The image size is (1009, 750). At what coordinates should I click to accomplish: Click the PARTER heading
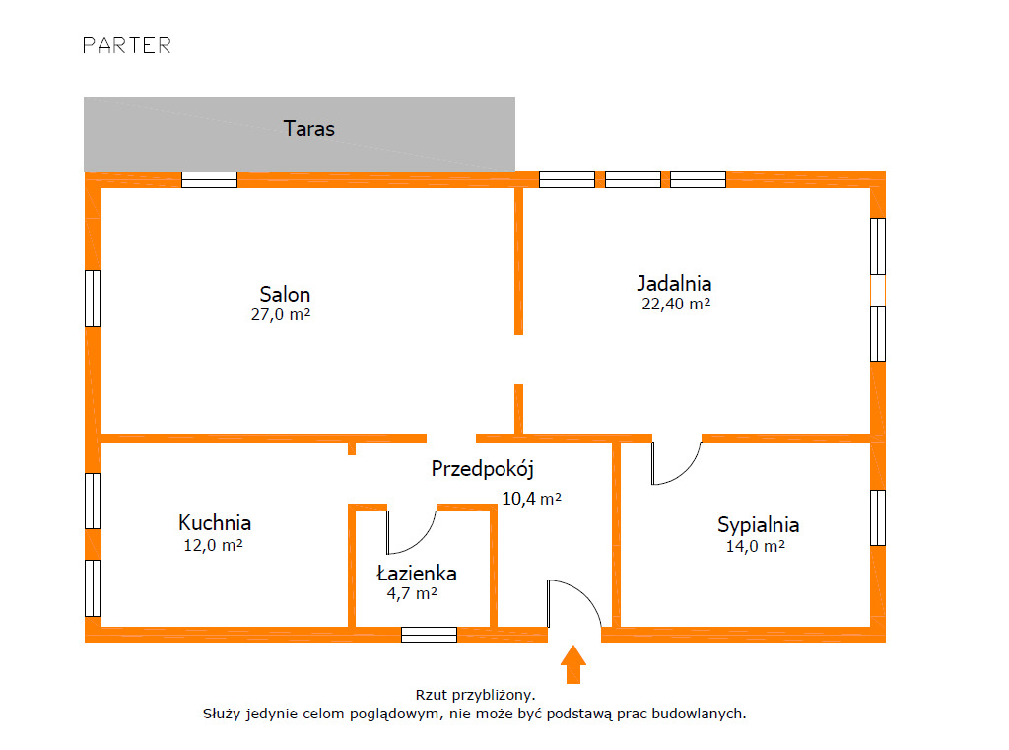[x=127, y=45]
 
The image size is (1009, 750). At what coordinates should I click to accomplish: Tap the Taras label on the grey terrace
[x=309, y=128]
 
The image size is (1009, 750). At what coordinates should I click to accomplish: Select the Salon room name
[x=285, y=294]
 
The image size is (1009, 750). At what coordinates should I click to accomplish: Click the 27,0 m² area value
[x=282, y=315]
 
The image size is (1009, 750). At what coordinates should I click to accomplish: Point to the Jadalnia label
[x=674, y=283]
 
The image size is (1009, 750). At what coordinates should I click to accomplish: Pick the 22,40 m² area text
[x=676, y=305]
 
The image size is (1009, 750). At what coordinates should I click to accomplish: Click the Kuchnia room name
[x=215, y=522]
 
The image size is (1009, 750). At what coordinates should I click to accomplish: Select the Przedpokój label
[x=483, y=469]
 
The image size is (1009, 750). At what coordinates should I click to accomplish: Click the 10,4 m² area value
[x=532, y=499]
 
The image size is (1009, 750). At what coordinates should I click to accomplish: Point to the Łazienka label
[x=417, y=573]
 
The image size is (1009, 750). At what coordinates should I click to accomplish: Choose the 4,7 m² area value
[x=413, y=593]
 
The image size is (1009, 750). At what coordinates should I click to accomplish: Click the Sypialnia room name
[x=758, y=524]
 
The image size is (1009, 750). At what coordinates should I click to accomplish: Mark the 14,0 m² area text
[x=755, y=546]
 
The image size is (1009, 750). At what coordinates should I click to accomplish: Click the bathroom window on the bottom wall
[x=429, y=634]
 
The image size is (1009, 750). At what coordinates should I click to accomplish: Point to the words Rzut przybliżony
[x=475, y=695]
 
